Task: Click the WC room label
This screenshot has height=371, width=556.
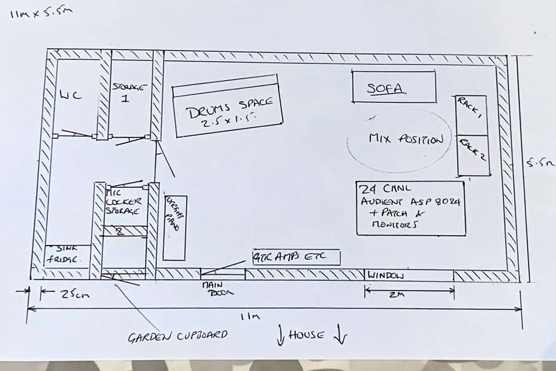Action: point(71,95)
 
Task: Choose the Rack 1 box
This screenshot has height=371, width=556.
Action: point(471,115)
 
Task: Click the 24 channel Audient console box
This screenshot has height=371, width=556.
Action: point(410,207)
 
